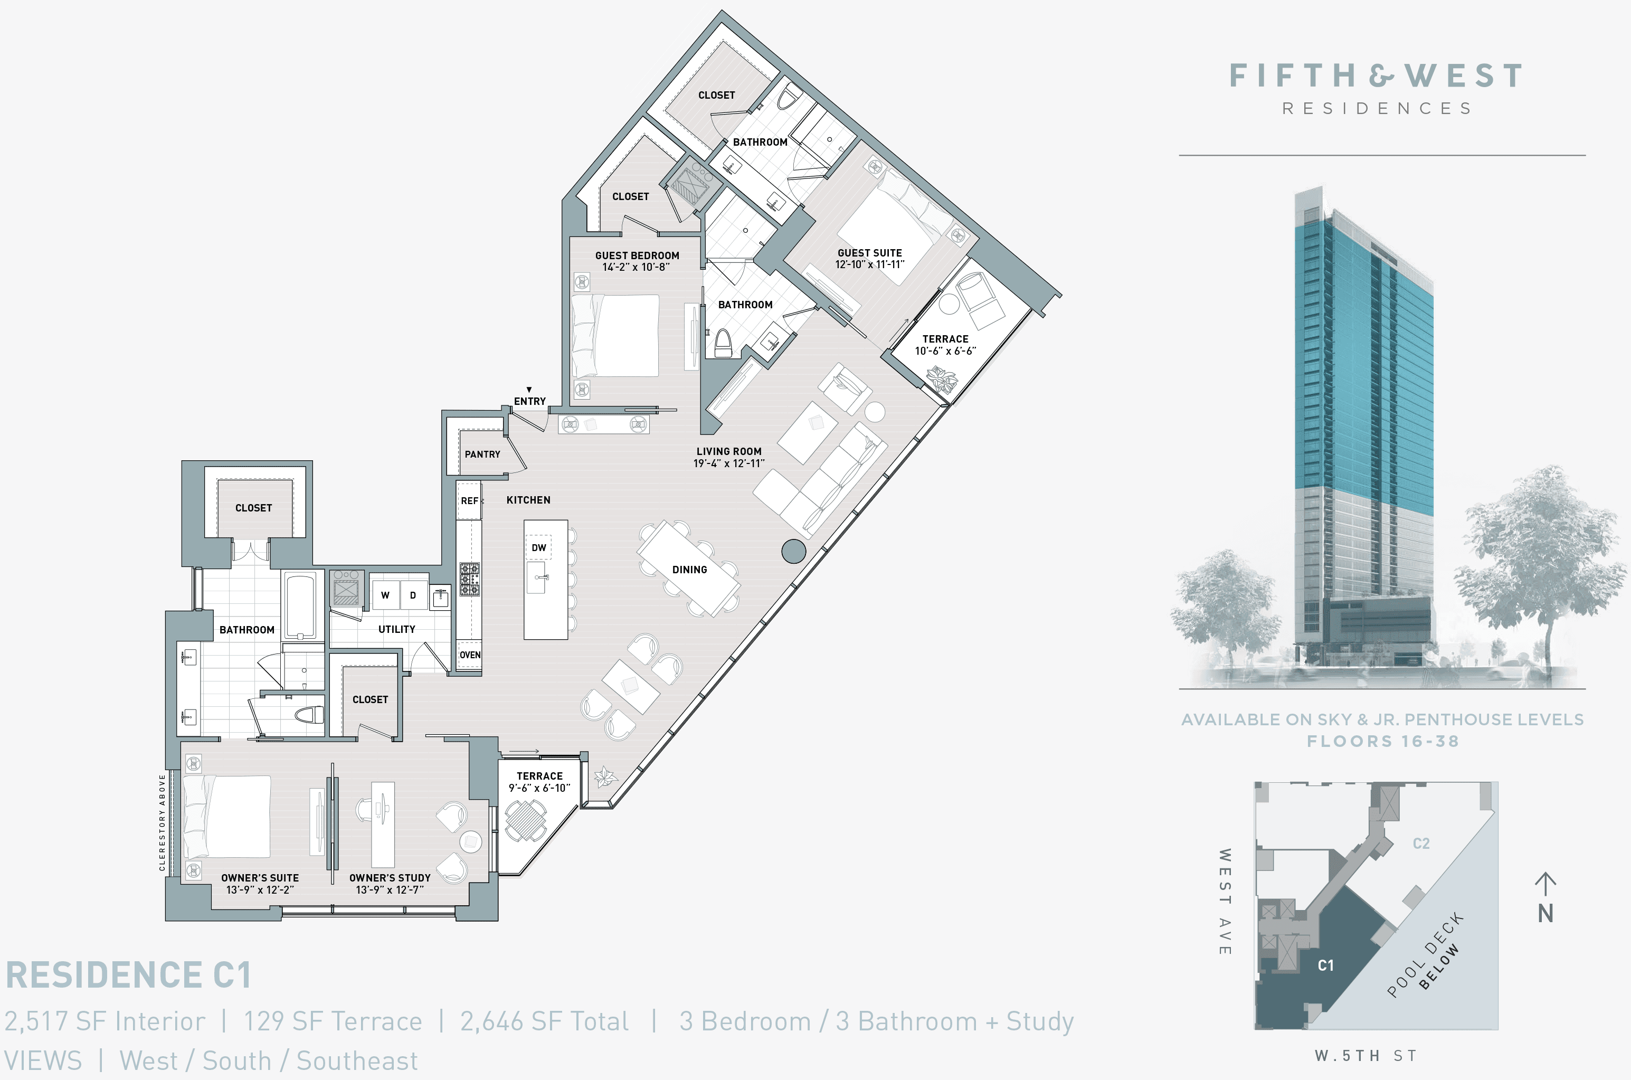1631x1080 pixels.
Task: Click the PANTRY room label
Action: [x=482, y=454]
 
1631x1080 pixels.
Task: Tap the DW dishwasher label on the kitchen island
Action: [x=538, y=547]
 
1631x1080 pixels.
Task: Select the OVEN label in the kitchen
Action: [x=470, y=655]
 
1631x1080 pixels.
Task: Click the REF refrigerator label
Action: [x=470, y=501]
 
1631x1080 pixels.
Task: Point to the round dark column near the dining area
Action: [x=793, y=551]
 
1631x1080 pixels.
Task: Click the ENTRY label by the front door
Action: [x=529, y=401]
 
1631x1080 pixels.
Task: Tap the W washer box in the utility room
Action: [x=385, y=595]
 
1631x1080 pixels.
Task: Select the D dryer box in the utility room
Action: [x=413, y=595]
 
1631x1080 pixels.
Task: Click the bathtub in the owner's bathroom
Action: [x=301, y=606]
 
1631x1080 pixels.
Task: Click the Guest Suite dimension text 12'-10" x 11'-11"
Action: [x=869, y=264]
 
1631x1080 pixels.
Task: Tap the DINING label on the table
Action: [x=689, y=570]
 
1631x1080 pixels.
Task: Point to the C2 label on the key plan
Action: [x=1421, y=844]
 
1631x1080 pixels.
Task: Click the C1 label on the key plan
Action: [x=1325, y=965]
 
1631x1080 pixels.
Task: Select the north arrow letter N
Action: [x=1545, y=913]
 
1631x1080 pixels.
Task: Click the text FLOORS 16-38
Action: [x=1382, y=742]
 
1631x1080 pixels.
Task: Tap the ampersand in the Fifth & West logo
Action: [x=1381, y=76]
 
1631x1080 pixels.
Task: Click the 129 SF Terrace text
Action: [x=333, y=1021]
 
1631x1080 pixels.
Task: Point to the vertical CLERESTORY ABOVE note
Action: [x=163, y=822]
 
